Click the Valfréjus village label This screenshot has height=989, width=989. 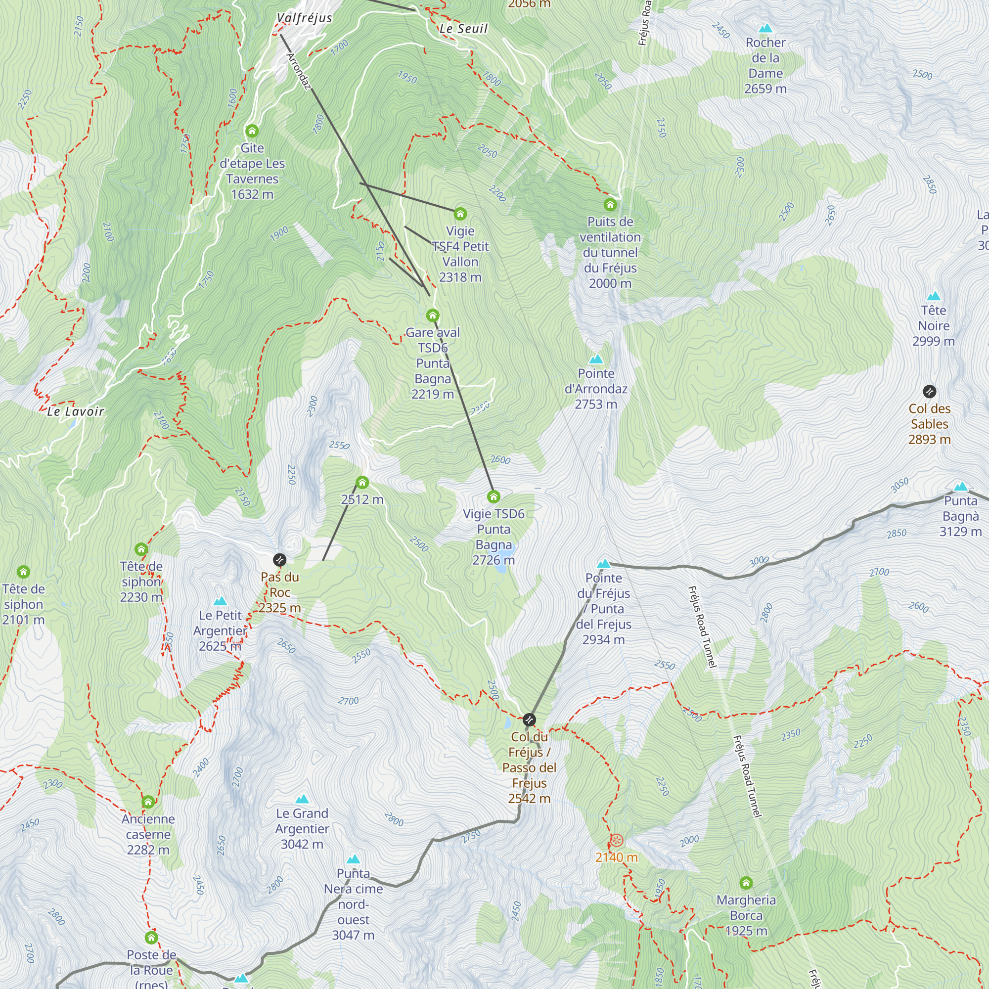pos(304,18)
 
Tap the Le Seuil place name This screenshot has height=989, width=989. pos(463,29)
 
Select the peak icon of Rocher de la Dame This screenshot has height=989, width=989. pos(765,28)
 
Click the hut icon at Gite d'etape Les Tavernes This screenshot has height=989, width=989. pos(252,131)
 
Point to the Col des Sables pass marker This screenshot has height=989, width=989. pos(930,392)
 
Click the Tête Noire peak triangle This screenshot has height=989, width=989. pos(934,296)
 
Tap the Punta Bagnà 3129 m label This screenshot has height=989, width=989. pos(960,516)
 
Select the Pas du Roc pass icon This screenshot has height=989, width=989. pos(279,559)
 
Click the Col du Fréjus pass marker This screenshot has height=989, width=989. pos(529,719)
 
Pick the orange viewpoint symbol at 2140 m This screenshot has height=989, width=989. pos(617,841)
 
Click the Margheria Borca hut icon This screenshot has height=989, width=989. pos(746,883)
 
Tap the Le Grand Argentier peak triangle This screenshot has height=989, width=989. pos(302,799)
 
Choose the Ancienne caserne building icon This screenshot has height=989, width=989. pos(148,801)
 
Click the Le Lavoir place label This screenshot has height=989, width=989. pos(75,411)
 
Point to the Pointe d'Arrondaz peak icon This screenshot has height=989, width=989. pos(596,359)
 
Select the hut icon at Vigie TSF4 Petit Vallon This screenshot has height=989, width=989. pos(460,214)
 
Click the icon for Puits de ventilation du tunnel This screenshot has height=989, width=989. pos(610,205)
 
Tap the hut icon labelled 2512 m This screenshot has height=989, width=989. pos(362,482)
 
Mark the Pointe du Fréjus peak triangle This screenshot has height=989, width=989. pos(603,564)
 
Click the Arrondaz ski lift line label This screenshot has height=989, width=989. pos(299,72)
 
